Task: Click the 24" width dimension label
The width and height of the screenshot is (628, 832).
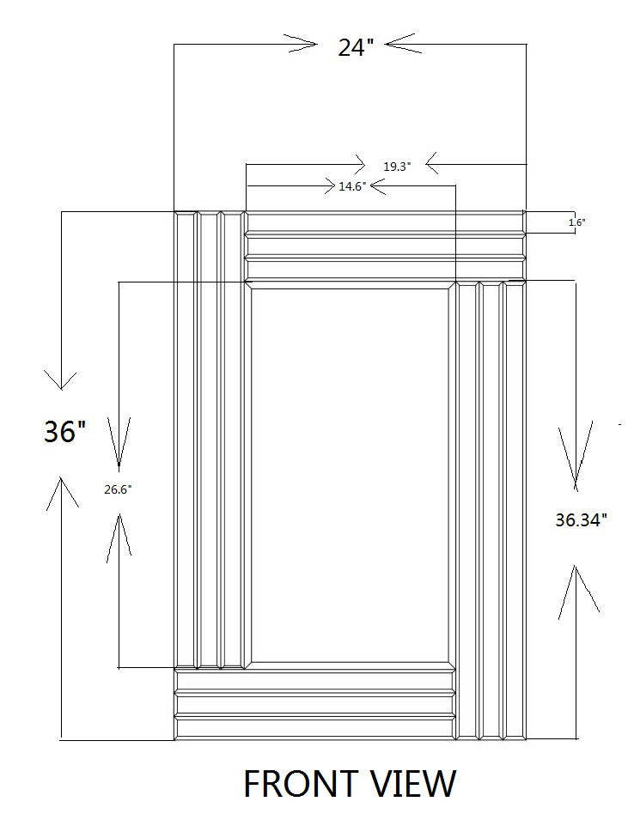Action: click(x=352, y=48)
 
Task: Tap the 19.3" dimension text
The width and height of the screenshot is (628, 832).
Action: click(x=398, y=167)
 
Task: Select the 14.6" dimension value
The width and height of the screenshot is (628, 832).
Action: click(x=352, y=186)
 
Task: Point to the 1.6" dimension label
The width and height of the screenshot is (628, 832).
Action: click(x=576, y=222)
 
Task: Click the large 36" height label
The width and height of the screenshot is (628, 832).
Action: click(x=64, y=431)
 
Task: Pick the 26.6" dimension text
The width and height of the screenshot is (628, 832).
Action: click(x=118, y=489)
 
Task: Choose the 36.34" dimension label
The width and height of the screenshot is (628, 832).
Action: click(x=581, y=519)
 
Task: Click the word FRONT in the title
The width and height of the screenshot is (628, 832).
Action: click(x=301, y=783)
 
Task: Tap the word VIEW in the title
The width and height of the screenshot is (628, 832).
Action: click(x=412, y=783)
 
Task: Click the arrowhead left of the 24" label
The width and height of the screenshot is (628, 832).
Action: click(x=301, y=44)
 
